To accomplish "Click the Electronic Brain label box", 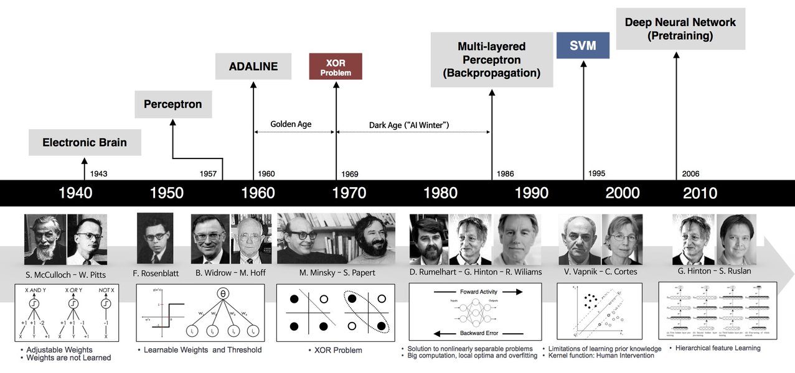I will point(85,142).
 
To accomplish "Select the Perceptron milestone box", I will point(173,104).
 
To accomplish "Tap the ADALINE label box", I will point(253,67).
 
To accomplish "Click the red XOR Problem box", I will point(336,67).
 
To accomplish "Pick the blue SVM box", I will point(583,45).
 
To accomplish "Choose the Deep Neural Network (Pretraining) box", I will point(680,29).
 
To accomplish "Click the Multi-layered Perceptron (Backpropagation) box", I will point(491,60).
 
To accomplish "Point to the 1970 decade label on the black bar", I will point(349,193).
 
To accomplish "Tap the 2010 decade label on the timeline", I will point(700,193).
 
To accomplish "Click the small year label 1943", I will point(98,174).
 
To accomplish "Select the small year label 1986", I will point(506,174).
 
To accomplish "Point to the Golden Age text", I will point(291,124).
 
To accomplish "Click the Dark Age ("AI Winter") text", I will point(409,125).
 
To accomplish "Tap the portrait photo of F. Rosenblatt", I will point(154,238).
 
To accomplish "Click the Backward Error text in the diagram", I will point(480,333).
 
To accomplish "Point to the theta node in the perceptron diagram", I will point(222,294).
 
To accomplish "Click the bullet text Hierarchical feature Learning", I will point(718,348).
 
